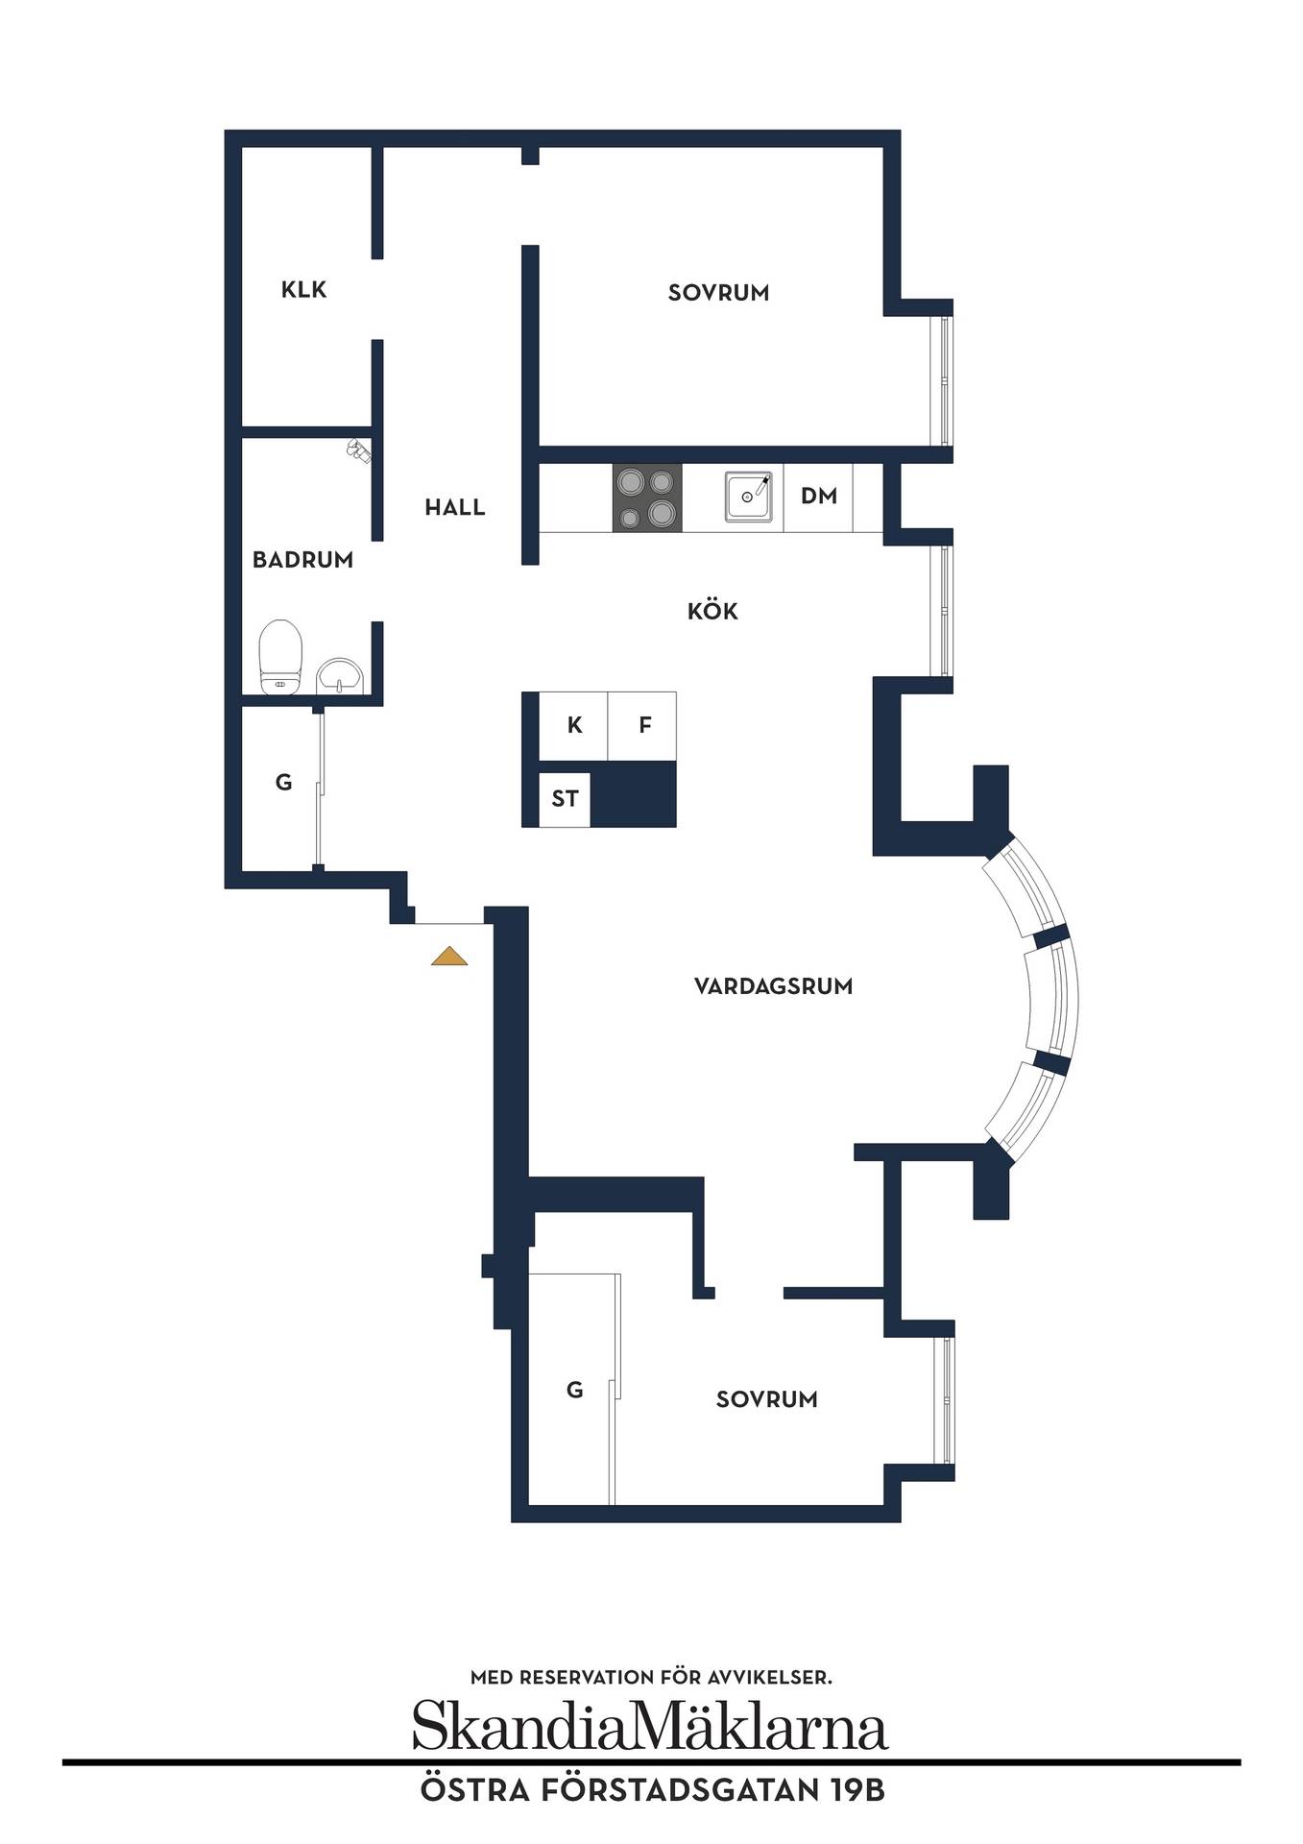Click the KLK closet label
pos(303,289)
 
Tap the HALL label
pos(455,507)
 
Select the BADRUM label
pos(302,560)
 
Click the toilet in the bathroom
pos(281,656)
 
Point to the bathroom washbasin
pos(340,674)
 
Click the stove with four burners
pos(647,497)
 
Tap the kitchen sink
pos(749,496)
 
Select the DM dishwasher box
pos(818,497)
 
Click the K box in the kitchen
pos(573,725)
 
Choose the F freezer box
pos(642,725)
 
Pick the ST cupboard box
pos(565,799)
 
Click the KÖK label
pos(712,612)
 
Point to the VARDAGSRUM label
pos(773,986)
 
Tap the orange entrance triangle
pos(449,957)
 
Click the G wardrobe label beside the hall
pos(283,783)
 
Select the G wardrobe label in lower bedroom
pos(574,1390)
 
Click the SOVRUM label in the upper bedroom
pos(718,293)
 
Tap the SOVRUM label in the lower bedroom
pos(766,1399)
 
